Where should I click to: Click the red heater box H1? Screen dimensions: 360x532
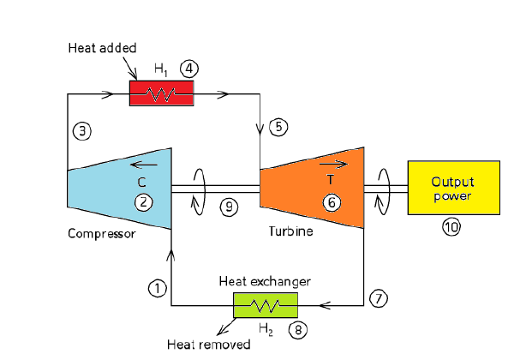tap(161, 93)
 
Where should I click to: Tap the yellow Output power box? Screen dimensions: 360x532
tap(451, 188)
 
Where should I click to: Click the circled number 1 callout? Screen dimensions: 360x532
tap(156, 289)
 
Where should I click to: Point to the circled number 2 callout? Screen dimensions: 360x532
tap(143, 202)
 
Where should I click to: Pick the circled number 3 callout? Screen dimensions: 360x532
tap(81, 131)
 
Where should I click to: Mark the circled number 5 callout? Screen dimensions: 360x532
tap(279, 127)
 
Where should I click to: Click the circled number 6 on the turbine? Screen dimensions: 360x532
tap(332, 202)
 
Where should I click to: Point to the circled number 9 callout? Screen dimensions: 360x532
tap(227, 206)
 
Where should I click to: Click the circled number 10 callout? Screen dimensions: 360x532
tap(451, 227)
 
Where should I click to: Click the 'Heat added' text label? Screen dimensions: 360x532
tap(101, 48)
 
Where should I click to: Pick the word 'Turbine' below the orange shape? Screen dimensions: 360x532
tap(291, 231)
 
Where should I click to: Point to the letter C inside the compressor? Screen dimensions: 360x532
tap(142, 183)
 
